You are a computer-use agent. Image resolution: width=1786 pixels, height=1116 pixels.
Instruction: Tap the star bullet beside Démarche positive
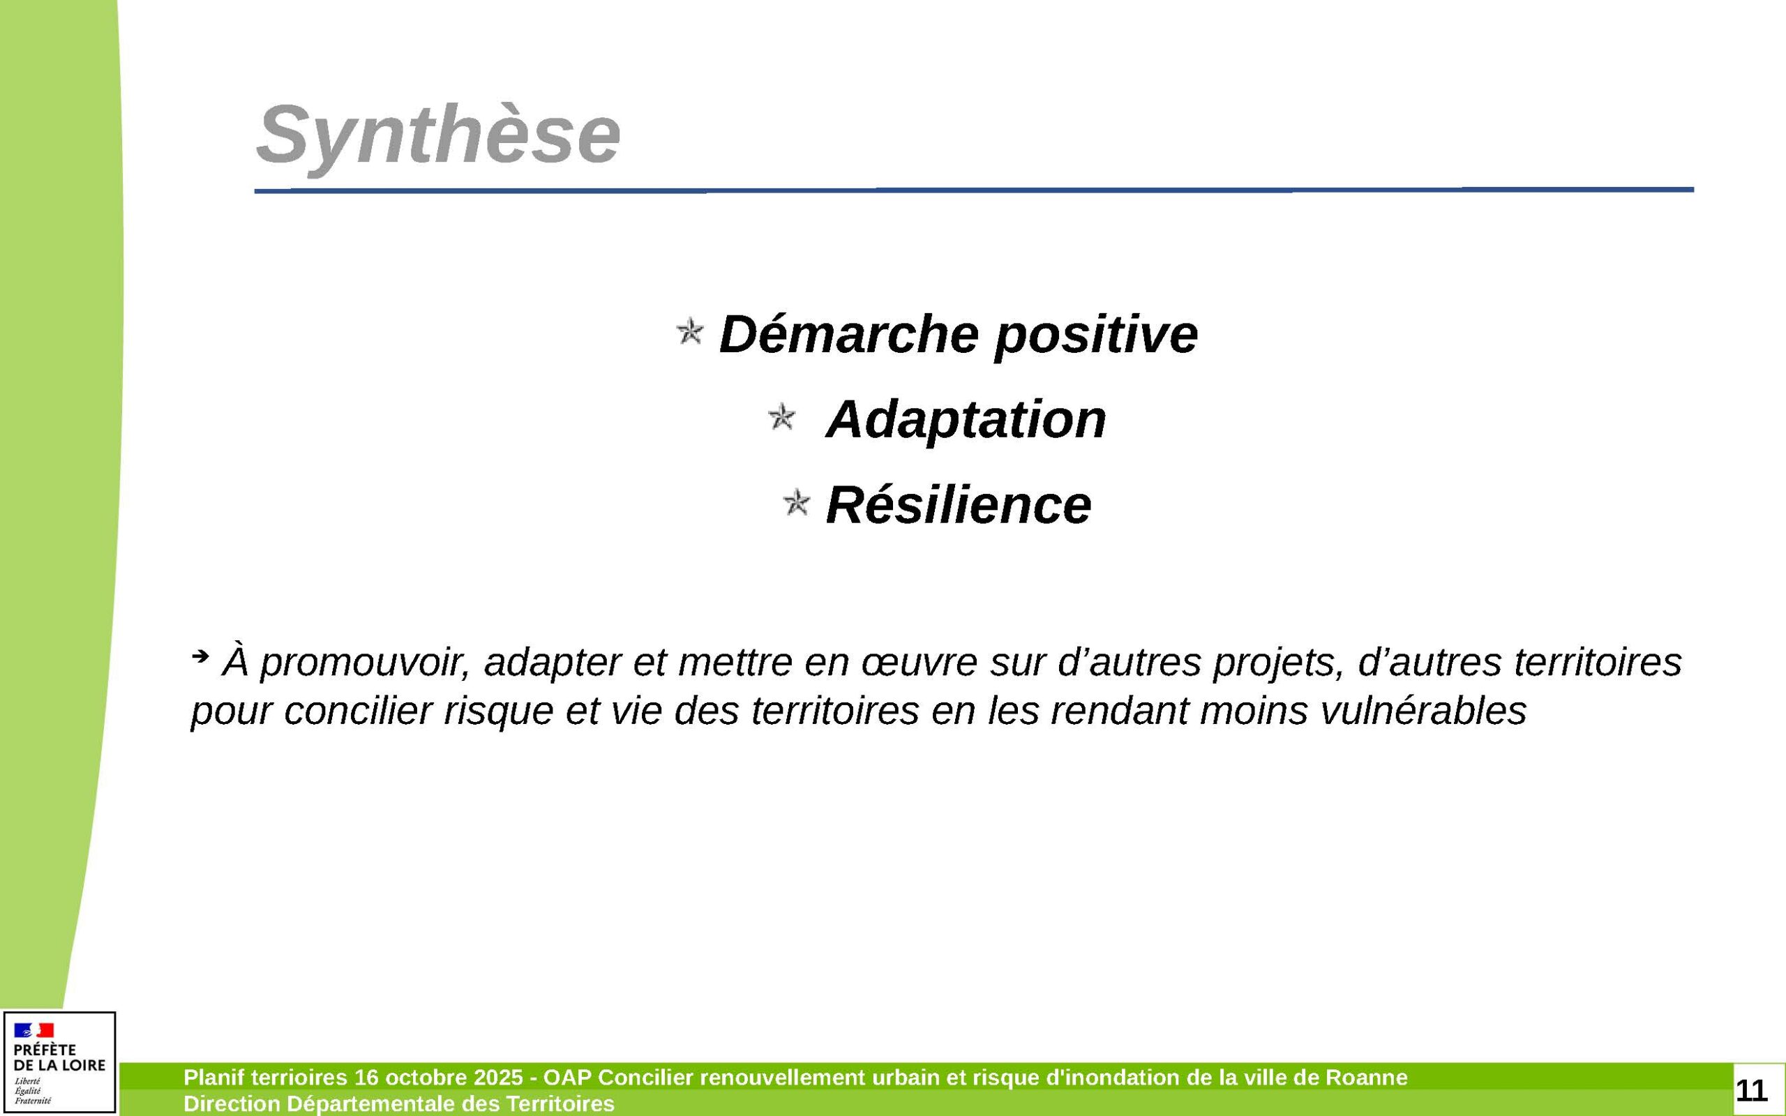[689, 331]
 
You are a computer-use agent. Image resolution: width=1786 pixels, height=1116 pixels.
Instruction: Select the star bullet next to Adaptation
[781, 417]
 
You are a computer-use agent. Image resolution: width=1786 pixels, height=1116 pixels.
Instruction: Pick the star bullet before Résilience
[795, 504]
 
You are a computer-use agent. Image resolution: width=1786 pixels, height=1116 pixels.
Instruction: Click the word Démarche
[849, 333]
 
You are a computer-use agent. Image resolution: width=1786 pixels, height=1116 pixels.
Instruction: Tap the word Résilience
[958, 505]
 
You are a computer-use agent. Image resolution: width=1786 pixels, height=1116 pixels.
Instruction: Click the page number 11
[1751, 1089]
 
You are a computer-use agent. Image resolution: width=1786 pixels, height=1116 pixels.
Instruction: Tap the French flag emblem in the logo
[34, 1030]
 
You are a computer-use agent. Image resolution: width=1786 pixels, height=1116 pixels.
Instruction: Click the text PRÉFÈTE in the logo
[44, 1050]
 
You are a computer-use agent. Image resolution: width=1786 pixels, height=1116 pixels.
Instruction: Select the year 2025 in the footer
[498, 1078]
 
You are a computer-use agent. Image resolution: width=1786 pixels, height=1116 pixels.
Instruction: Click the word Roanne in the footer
[1366, 1078]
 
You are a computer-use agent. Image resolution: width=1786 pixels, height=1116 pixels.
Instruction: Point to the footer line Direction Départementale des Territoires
[398, 1103]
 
